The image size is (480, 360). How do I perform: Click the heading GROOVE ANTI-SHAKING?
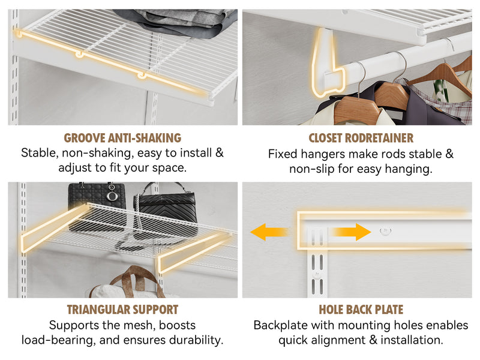tap(122, 138)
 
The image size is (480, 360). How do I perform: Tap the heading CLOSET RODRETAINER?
tap(361, 138)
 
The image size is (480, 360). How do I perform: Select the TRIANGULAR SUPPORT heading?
tap(122, 310)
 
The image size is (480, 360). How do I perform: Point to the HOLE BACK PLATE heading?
tap(361, 310)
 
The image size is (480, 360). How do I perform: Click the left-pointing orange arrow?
tap(269, 232)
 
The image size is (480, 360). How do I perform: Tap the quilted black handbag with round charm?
tap(97, 206)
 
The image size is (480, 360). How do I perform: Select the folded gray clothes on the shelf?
tap(178, 22)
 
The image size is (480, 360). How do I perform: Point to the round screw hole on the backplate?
tap(385, 230)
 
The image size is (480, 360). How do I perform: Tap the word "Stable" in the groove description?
tap(40, 153)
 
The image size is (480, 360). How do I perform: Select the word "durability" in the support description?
tap(196, 340)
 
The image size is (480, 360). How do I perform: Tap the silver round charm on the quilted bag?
tap(112, 196)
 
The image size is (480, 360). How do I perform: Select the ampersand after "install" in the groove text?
tap(220, 153)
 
